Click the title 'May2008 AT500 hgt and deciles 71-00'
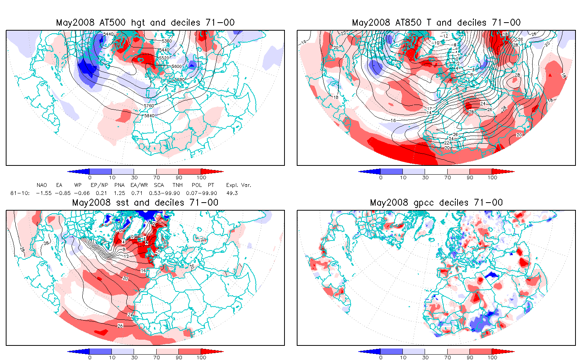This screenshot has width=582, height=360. (x=145, y=23)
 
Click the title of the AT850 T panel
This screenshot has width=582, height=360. (x=436, y=23)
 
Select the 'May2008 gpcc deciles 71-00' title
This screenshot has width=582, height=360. (x=436, y=203)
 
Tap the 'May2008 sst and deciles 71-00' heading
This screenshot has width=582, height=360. (x=145, y=203)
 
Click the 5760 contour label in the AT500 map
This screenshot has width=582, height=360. (x=149, y=106)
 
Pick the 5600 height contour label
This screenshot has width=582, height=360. (x=177, y=66)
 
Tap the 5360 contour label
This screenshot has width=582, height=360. (x=167, y=41)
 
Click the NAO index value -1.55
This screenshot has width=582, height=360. (x=44, y=193)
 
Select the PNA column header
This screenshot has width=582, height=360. (x=119, y=185)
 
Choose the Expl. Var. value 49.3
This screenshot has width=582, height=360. (x=232, y=193)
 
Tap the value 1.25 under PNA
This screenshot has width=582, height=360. (x=119, y=193)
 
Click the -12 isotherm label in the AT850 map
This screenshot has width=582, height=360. (x=444, y=36)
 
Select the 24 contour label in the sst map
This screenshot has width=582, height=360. (x=130, y=315)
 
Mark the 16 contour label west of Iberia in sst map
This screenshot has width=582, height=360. (x=143, y=271)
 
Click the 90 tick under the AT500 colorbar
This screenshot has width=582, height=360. (x=179, y=177)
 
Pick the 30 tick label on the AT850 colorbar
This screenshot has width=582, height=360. (x=425, y=177)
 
